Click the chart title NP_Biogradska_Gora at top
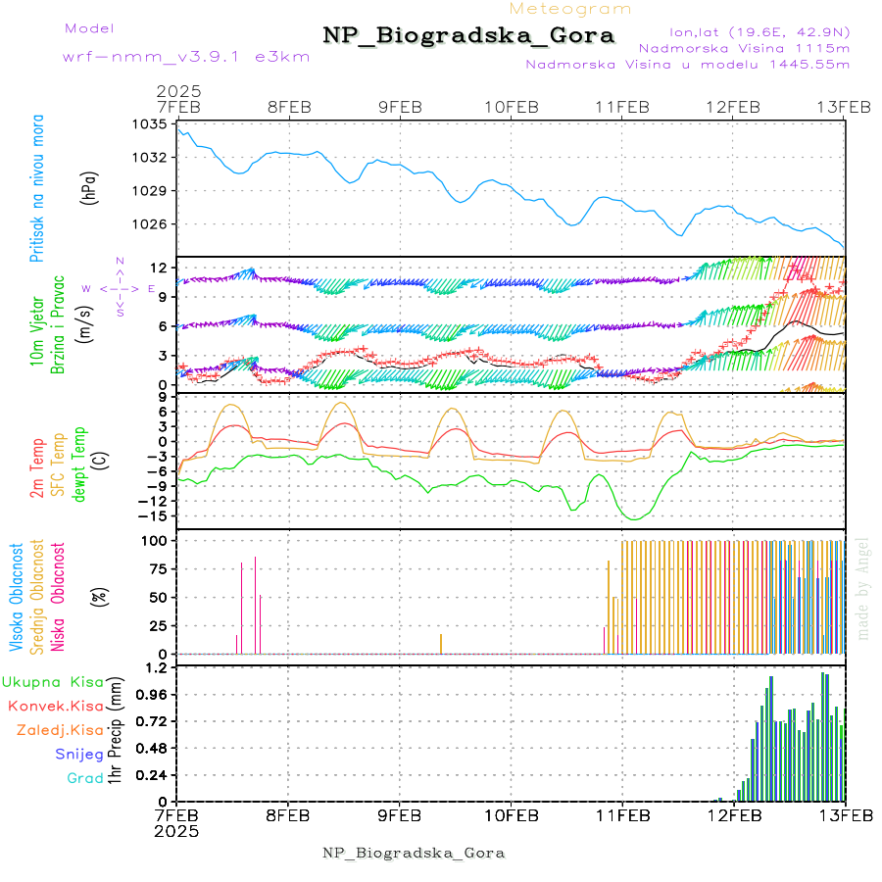[468, 36]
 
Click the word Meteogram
[571, 9]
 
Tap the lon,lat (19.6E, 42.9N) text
[759, 31]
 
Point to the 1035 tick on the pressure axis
[151, 124]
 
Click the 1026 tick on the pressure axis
[151, 223]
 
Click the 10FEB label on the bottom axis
[511, 814]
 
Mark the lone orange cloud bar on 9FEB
[441, 644]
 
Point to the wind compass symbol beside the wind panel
[120, 288]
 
